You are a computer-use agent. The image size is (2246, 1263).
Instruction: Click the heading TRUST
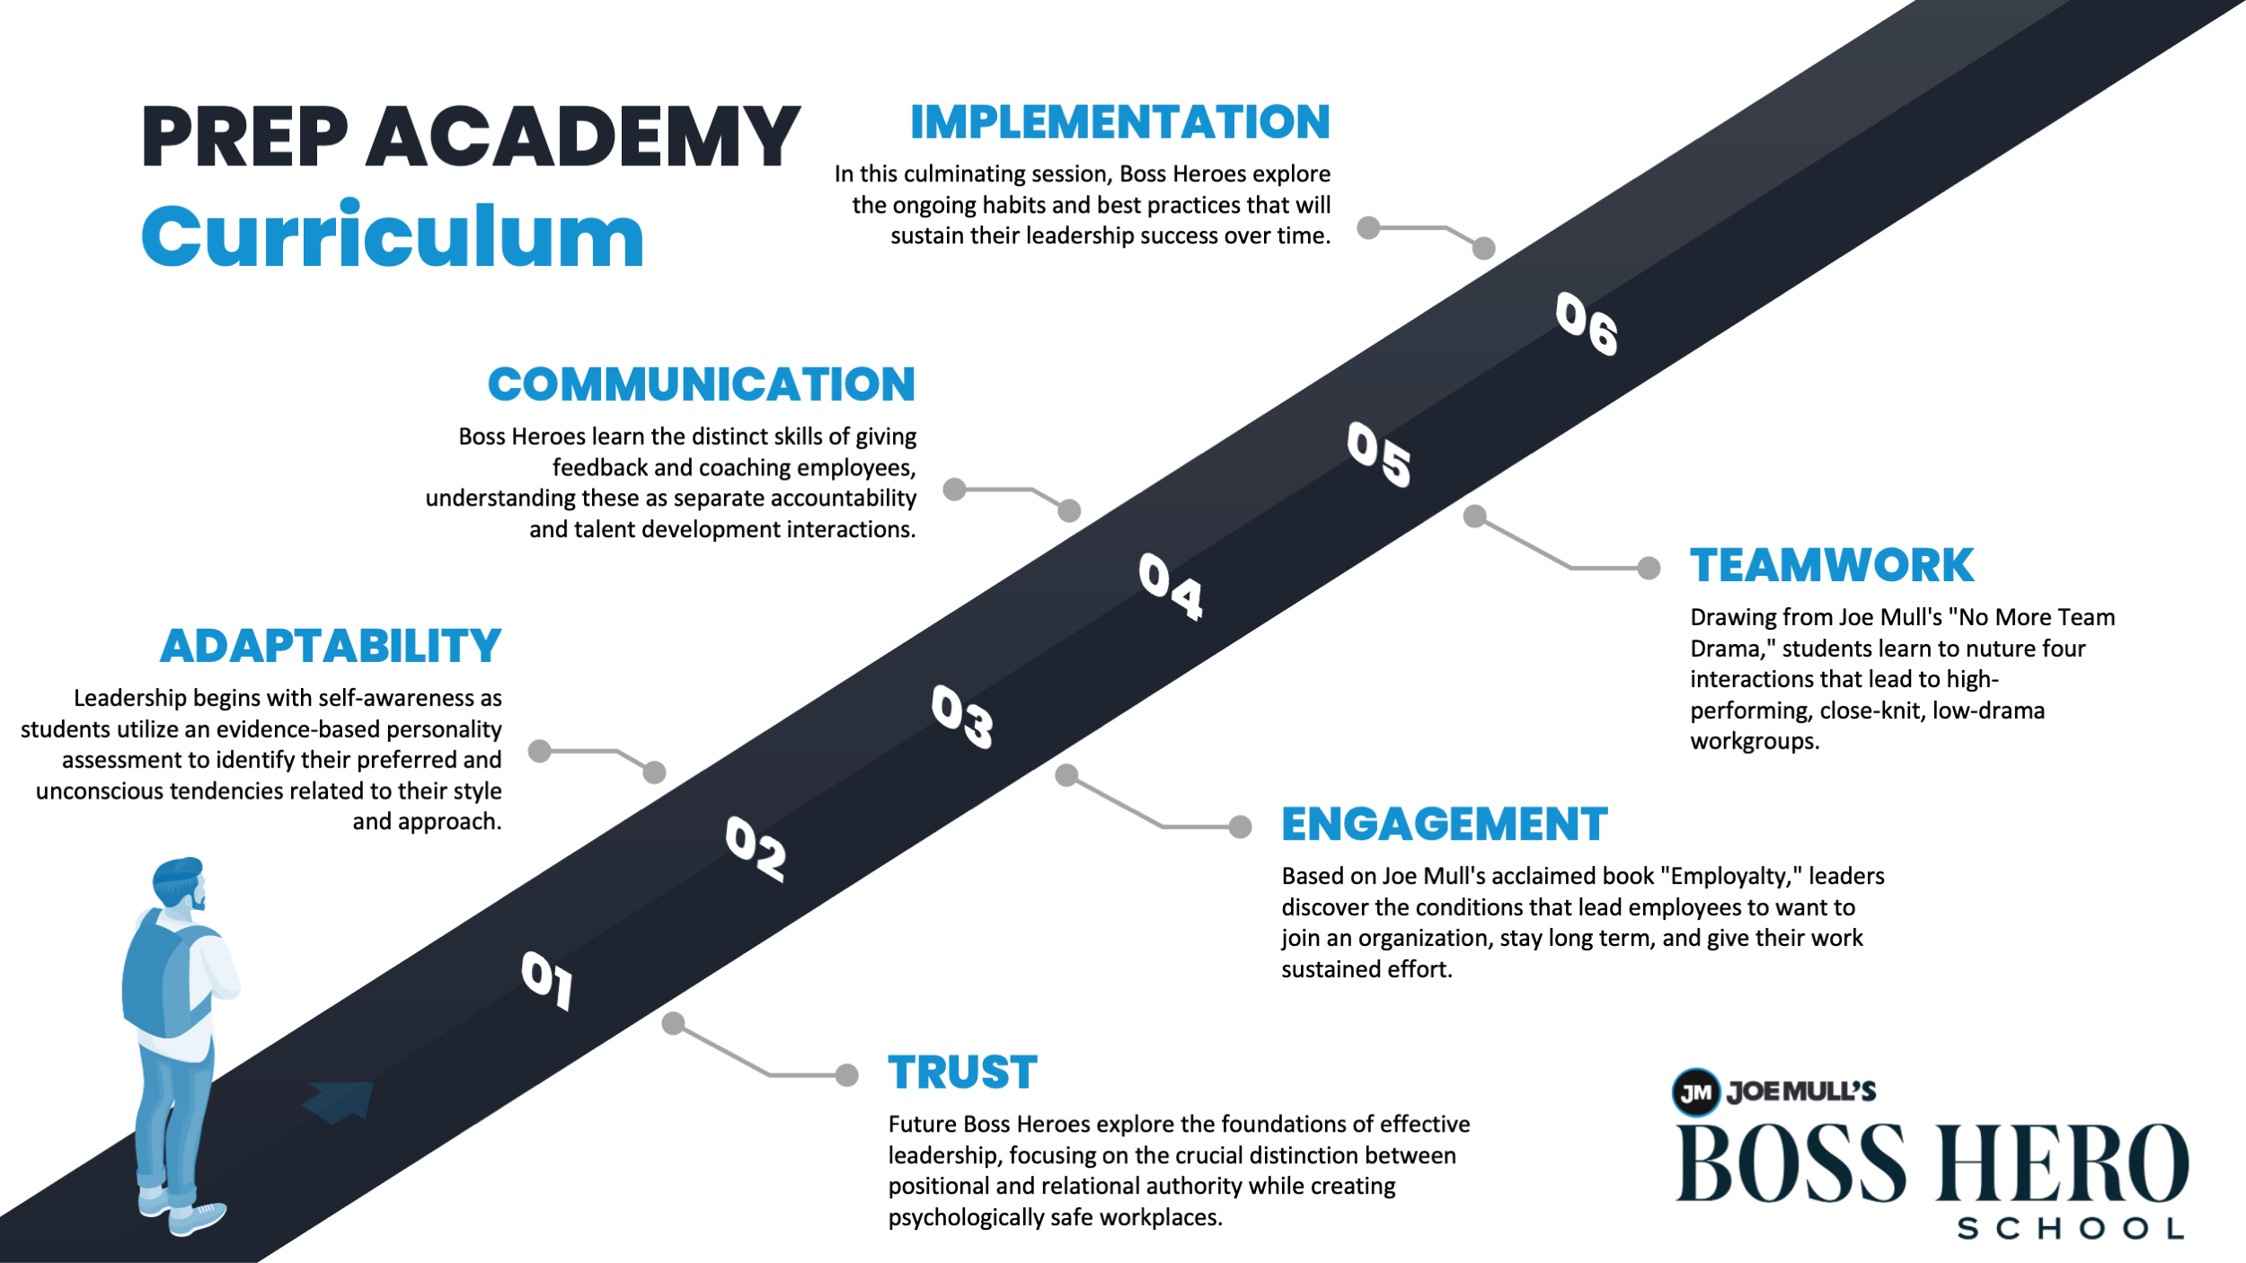962,1073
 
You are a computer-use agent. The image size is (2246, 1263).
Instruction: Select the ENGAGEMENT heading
1444,825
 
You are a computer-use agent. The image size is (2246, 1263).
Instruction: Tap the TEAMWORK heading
1831,566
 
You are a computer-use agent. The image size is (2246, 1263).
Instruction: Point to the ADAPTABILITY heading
331,647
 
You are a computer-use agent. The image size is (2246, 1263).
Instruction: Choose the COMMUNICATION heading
702,384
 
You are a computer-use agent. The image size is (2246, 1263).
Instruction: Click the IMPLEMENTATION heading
1119,122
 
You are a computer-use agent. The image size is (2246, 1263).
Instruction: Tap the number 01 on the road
546,980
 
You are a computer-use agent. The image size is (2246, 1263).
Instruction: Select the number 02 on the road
756,848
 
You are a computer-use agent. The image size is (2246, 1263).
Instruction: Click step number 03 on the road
962,716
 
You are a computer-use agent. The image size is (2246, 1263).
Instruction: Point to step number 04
1170,586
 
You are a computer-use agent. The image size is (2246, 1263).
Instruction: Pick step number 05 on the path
1378,454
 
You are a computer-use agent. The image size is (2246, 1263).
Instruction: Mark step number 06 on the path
1587,323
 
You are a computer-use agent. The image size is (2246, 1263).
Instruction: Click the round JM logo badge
1695,1092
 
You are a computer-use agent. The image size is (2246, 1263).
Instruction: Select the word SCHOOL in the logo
2070,1229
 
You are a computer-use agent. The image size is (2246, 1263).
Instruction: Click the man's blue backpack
162,979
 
